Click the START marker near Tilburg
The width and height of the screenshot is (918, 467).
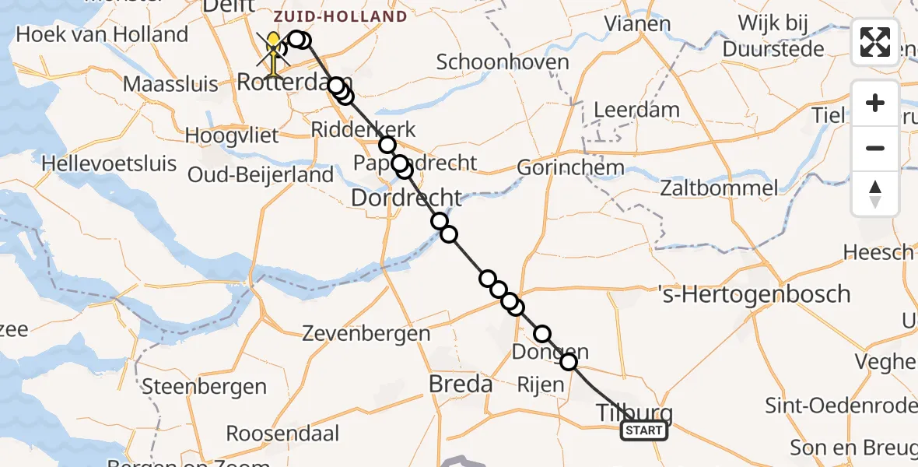pos(644,430)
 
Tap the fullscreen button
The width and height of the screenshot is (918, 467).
pos(875,42)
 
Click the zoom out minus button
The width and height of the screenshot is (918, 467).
pos(875,148)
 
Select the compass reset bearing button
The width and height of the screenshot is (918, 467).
pos(875,194)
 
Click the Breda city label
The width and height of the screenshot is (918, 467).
pos(461,384)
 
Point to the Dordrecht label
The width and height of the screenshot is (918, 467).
pos(406,198)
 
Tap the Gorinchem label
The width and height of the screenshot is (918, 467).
pos(571,167)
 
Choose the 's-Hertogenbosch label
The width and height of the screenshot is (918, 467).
pos(753,295)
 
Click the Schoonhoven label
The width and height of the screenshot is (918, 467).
pos(503,62)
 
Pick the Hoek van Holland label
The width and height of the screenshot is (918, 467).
pos(102,35)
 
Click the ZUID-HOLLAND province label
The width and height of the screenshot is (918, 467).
pos(341,16)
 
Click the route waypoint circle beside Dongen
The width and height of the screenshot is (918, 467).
pos(569,362)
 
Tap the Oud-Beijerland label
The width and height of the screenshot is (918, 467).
pos(272,175)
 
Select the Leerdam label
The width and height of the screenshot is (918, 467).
pos(636,110)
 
